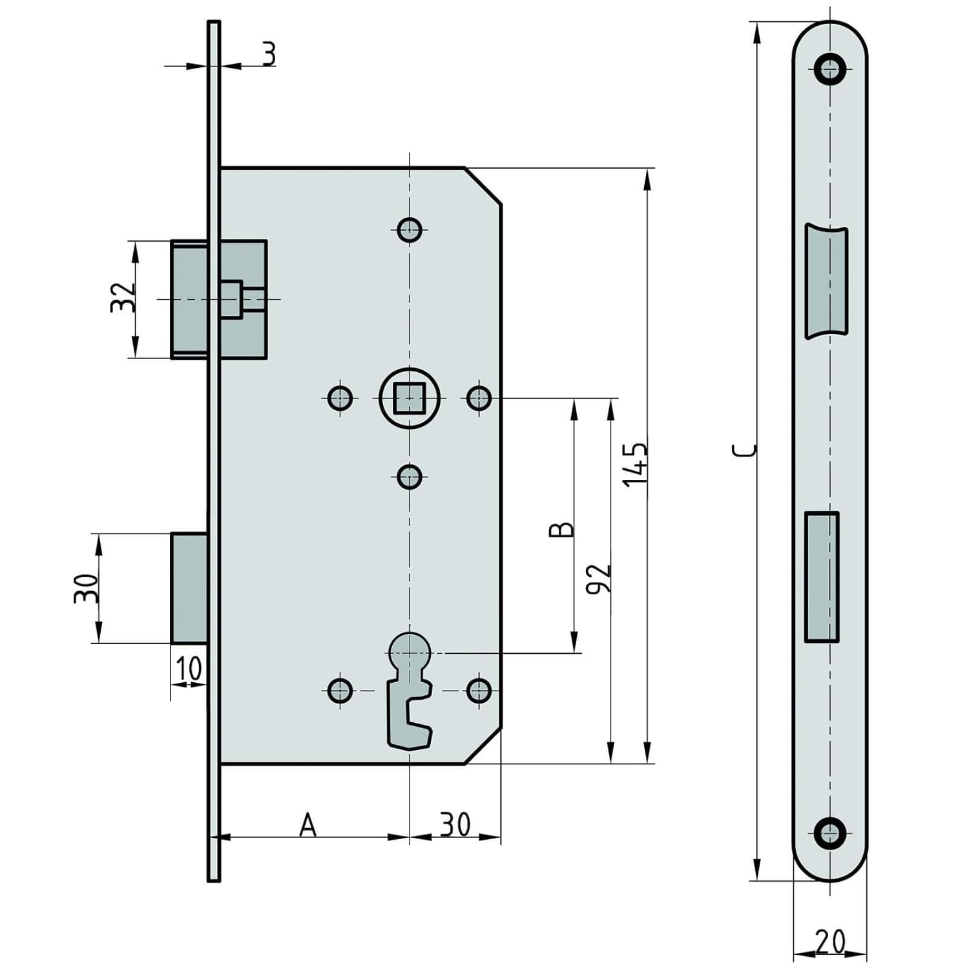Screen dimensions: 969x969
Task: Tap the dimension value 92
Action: click(598, 579)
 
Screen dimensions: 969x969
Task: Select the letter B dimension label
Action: click(561, 529)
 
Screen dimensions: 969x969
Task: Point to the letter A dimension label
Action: click(308, 826)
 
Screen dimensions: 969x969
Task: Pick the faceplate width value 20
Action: click(829, 941)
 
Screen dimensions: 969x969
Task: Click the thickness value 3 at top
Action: click(269, 54)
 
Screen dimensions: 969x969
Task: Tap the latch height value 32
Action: click(123, 298)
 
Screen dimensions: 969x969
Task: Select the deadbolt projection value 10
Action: click(189, 669)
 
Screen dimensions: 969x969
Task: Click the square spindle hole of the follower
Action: click(410, 398)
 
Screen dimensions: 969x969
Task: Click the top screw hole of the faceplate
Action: click(829, 68)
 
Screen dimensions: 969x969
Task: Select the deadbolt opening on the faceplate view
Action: click(822, 577)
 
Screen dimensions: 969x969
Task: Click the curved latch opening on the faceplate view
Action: click(826, 281)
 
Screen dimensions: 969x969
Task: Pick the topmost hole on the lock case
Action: click(410, 229)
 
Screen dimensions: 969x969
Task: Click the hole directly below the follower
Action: click(410, 477)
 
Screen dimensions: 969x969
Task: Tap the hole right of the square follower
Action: click(479, 398)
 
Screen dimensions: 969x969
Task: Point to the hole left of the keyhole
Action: click(340, 691)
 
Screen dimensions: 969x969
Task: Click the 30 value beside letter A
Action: click(455, 825)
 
